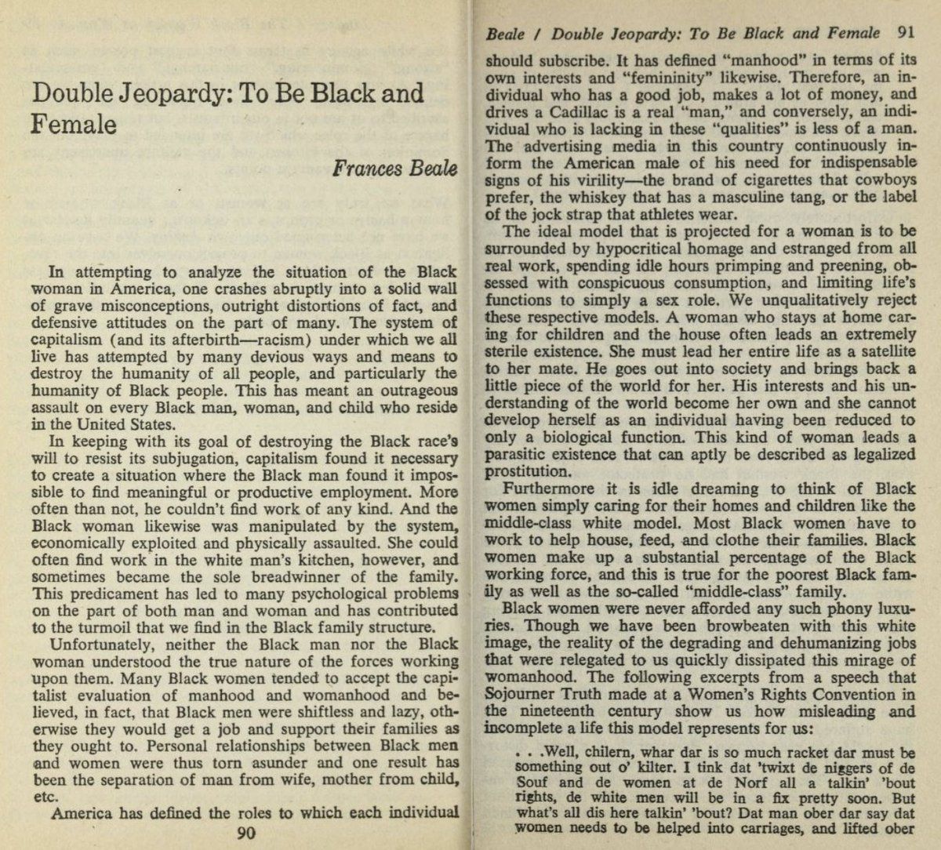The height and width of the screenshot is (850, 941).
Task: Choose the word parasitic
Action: click(x=518, y=455)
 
